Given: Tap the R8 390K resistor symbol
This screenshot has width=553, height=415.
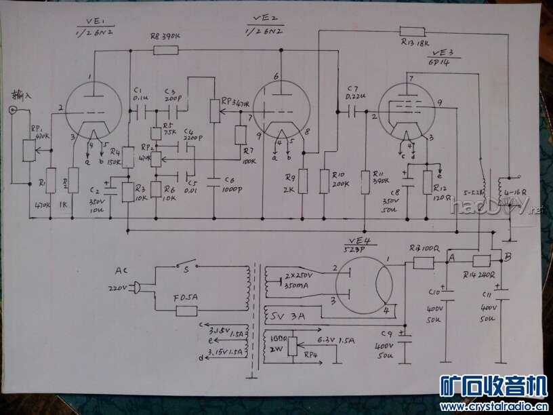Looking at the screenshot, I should tap(165, 50).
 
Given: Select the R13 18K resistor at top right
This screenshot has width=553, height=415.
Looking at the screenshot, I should tap(413, 31).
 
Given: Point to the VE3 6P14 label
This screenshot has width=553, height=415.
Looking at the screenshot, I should tap(441, 56).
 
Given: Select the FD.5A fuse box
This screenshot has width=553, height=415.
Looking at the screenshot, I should tap(186, 311).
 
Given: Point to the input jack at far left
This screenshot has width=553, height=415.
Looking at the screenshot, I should tap(12, 110).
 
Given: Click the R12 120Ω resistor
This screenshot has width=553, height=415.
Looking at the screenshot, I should tap(427, 181).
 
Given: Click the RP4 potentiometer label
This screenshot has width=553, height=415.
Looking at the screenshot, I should tap(310, 353).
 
